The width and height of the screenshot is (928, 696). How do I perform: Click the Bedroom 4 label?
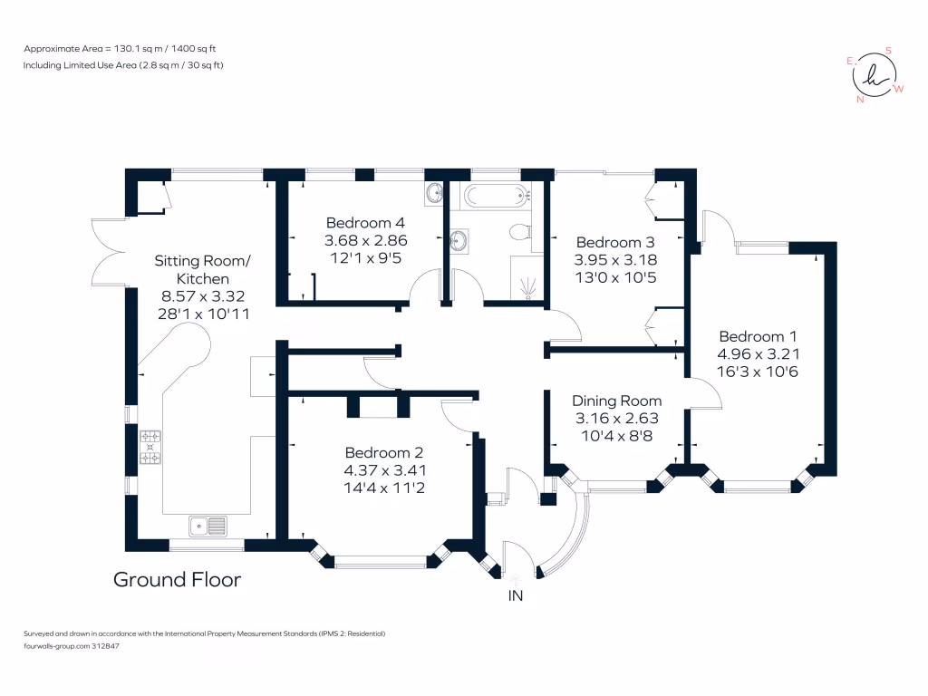point(365,223)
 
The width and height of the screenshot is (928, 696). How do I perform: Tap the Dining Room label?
point(616,401)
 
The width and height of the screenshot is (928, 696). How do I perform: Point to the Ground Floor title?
point(177,579)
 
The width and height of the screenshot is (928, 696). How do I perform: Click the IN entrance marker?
point(515,595)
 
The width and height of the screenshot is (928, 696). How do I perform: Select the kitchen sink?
point(208,525)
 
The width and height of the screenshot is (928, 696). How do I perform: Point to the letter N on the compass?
point(859,100)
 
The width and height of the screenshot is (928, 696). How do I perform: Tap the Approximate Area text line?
point(131,48)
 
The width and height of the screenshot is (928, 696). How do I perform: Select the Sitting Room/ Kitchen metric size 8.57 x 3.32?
point(203,295)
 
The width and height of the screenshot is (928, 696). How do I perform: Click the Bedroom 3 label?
point(614,243)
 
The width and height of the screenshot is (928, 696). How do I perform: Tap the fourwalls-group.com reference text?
point(71,646)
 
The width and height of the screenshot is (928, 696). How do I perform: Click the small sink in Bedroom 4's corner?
point(434,193)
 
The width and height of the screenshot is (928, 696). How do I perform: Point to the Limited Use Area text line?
point(123,65)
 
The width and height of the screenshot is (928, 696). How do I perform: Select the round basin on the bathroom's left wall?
point(460,241)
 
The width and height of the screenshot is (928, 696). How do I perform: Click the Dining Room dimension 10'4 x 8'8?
point(616,435)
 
